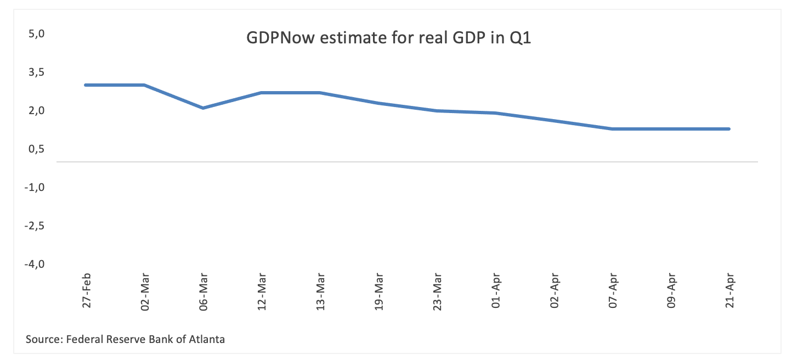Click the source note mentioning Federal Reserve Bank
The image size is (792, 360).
[x=125, y=339]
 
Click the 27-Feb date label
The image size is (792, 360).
[x=86, y=291]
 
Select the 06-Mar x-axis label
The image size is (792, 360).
[x=203, y=291]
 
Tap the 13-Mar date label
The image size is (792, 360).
[x=320, y=291]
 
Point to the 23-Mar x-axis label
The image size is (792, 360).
[x=437, y=291]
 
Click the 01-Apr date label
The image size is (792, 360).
[x=496, y=291]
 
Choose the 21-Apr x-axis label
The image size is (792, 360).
[x=729, y=291]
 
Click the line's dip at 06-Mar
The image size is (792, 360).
[x=203, y=108]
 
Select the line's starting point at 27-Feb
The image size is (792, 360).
[x=86, y=85]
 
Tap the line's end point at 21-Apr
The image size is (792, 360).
[x=729, y=129]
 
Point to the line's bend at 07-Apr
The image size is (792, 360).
[x=612, y=129]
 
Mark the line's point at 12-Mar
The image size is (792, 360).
[x=262, y=93]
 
